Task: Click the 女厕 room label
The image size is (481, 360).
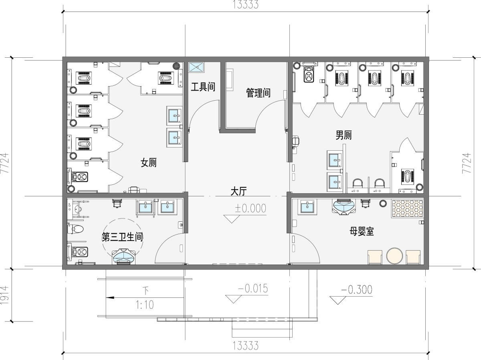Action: [149, 163]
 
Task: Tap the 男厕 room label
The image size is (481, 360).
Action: [344, 135]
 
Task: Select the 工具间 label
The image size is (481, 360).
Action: [203, 87]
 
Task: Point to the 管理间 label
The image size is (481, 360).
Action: [258, 93]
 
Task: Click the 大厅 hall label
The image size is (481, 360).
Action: [238, 191]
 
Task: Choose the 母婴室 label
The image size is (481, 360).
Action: [362, 231]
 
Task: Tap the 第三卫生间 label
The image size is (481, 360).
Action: [122, 237]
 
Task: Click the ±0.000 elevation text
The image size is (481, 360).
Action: [251, 208]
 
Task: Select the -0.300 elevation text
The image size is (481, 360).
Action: [356, 290]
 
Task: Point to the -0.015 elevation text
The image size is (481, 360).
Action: [253, 288]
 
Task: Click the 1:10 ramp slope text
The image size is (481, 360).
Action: [145, 305]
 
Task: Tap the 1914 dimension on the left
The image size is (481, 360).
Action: [4, 295]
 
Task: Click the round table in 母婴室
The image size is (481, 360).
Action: [394, 255]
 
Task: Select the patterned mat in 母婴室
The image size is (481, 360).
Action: [407, 208]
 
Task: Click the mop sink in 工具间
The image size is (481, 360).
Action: [196, 67]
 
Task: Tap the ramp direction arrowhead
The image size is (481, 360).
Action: [110, 297]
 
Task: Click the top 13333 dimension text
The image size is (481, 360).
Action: [245, 4]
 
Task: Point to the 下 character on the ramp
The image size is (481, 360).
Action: [146, 291]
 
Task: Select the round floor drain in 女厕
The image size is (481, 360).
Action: [176, 65]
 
